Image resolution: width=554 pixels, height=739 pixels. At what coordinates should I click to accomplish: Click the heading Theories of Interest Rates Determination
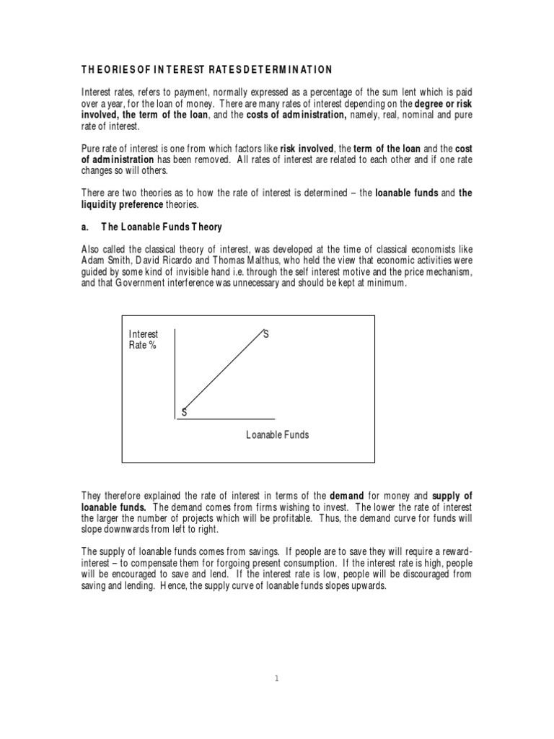coord(206,69)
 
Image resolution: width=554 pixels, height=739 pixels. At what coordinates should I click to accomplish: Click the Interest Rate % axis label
coord(143,339)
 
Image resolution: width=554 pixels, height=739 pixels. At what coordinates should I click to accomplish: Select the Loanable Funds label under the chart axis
coord(277,435)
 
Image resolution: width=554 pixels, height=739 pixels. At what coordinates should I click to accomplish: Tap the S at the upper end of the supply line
coord(265,334)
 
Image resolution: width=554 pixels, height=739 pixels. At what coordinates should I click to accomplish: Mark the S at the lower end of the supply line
coord(184,412)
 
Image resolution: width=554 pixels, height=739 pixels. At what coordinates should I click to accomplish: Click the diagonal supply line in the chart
coord(224,372)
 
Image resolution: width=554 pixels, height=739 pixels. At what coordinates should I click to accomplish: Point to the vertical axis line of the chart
coord(175,372)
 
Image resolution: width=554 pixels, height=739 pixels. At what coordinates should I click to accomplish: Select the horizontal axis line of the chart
coord(225,419)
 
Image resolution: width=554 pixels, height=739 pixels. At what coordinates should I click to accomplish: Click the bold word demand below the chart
coord(349,496)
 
